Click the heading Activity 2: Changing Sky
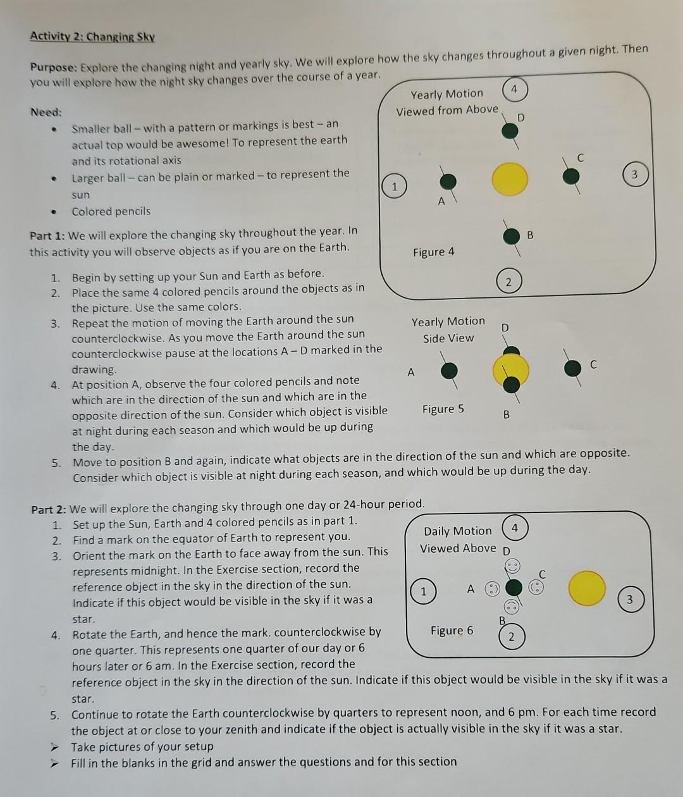92,36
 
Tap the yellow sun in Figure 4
510,178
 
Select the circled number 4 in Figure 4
515,90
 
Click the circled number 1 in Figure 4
394,187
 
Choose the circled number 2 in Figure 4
508,281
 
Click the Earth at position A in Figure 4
448,182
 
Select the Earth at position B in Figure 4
511,236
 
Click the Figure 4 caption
433,252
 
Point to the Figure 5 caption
443,409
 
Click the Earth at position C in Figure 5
572,368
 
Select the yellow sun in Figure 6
586,588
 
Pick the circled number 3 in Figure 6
629,600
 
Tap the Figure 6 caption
452,631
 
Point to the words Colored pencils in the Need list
111,211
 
